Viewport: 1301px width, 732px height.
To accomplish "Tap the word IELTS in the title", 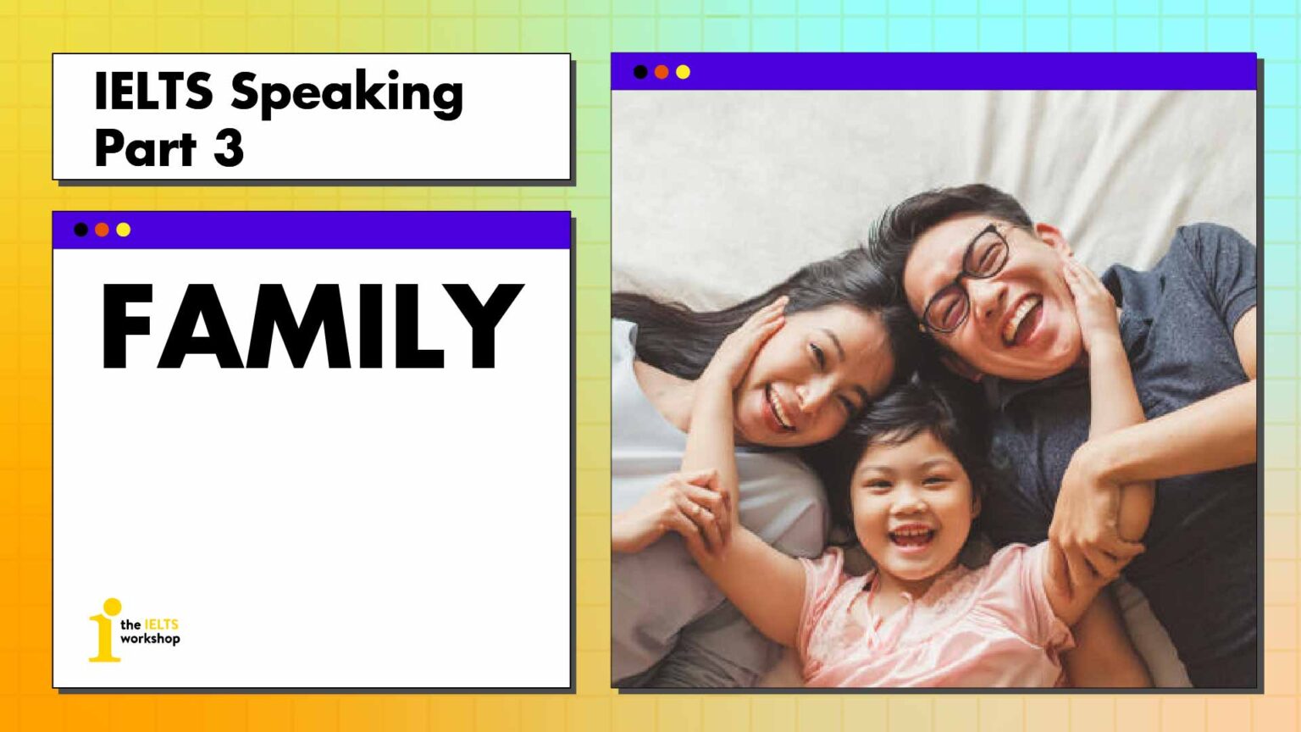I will (x=153, y=91).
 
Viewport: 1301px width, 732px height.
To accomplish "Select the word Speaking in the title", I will (x=347, y=93).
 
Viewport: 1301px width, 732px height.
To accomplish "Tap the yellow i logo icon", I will (x=105, y=630).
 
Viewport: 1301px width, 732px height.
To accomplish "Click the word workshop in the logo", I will (x=150, y=639).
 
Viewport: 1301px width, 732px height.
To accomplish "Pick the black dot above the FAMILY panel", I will (x=80, y=230).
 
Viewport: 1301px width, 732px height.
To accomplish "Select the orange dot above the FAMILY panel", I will (x=102, y=230).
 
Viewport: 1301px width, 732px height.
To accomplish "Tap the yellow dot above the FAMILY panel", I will (x=124, y=230).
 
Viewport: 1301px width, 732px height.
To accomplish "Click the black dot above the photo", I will (x=640, y=72).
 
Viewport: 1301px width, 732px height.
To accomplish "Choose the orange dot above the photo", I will (x=662, y=72).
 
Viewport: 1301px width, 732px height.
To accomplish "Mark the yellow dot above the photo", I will (x=683, y=72).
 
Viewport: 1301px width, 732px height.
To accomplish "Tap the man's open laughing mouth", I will (x=1023, y=321).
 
